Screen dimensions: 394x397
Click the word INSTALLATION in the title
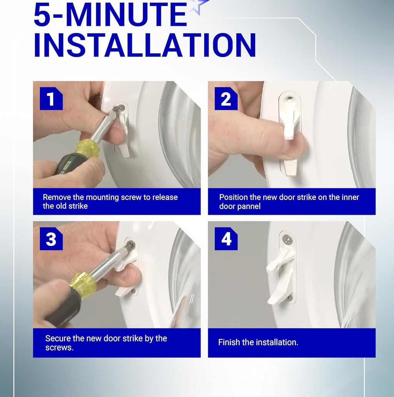pos(145,45)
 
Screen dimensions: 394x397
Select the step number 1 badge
pos(51,98)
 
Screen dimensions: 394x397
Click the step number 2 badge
pos(226,98)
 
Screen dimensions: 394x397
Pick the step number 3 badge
pos(51,239)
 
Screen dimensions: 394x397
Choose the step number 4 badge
pos(226,239)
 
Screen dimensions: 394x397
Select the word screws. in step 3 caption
pos(60,348)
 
